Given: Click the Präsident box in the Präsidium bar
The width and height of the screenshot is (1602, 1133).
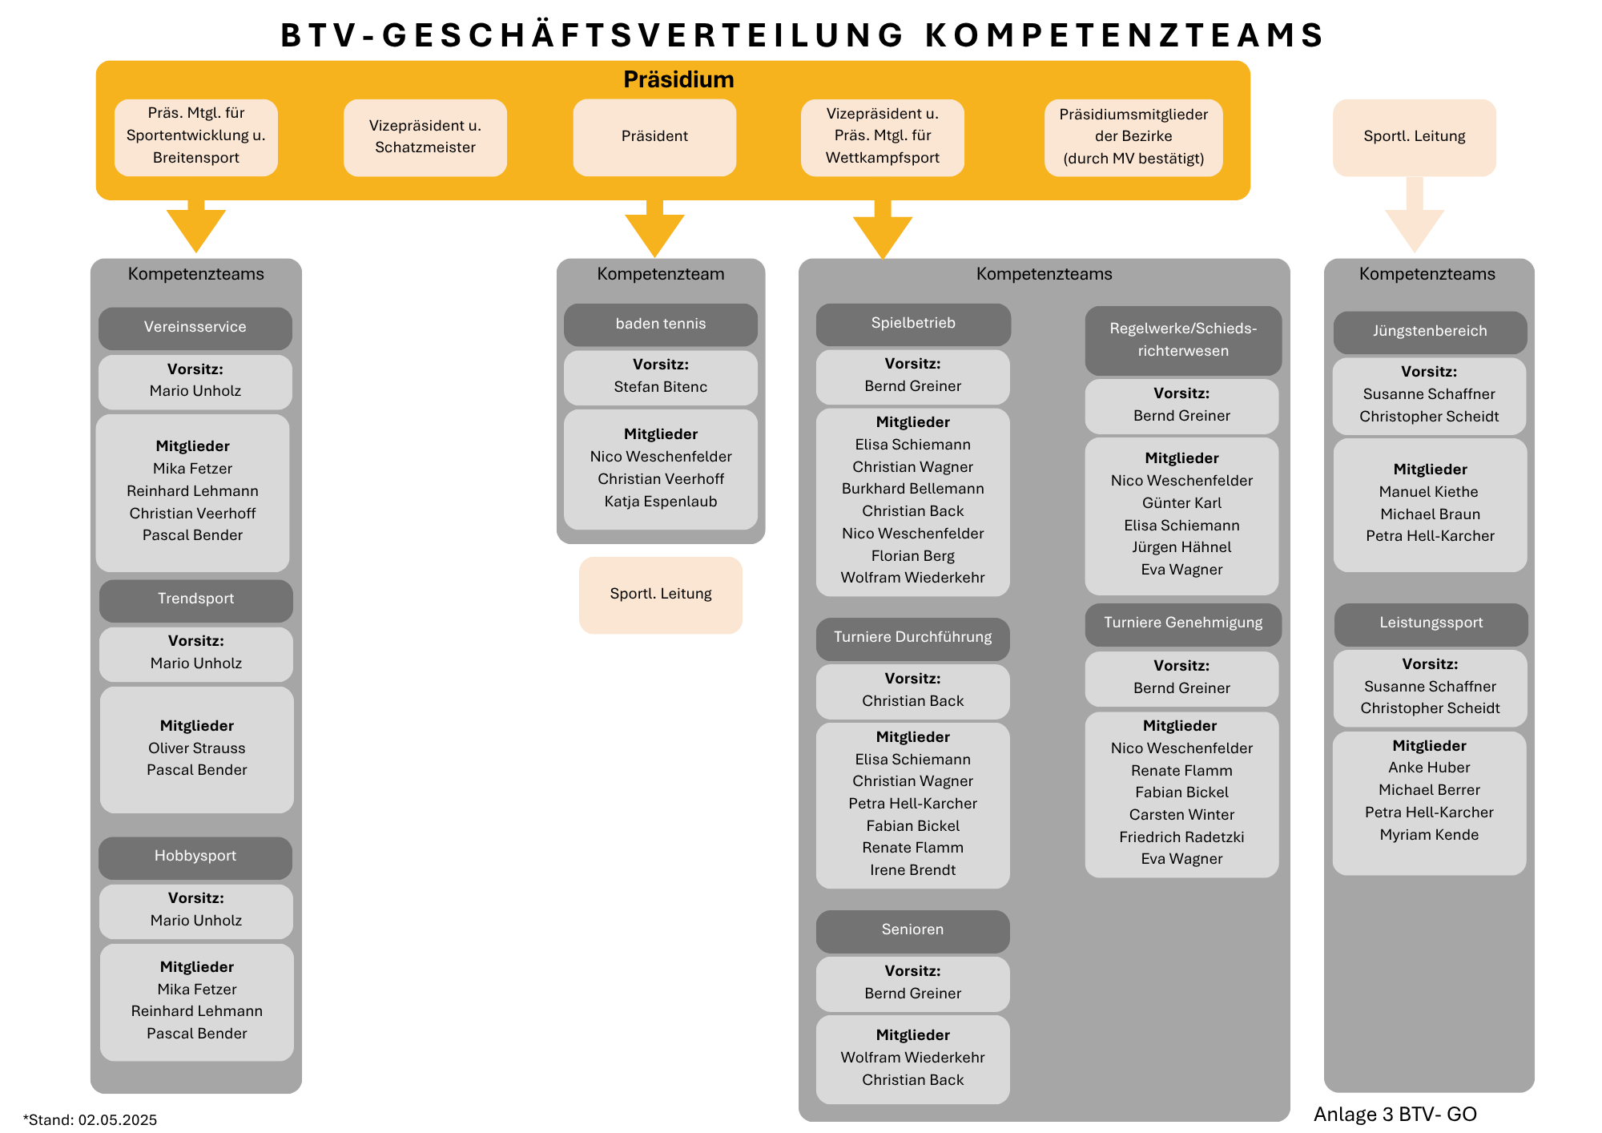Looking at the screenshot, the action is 654,137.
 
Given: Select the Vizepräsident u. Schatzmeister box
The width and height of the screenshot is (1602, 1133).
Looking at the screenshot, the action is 425,137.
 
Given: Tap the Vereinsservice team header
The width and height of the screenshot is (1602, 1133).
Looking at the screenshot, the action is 195,328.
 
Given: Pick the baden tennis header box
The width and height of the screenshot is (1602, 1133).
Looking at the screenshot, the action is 661,325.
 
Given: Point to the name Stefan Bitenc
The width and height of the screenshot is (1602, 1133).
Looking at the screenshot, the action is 661,387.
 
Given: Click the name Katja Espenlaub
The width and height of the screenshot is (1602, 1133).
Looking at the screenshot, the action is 661,502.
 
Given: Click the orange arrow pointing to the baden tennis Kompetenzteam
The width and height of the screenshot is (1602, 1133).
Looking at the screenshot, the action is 654,229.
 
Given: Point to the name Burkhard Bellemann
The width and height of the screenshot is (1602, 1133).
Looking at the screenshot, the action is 913,489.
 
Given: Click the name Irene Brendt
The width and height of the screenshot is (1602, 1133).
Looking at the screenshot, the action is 913,870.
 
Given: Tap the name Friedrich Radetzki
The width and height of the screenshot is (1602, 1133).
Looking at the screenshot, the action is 1182,837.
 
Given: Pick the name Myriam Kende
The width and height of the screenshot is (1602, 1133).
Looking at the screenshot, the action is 1430,835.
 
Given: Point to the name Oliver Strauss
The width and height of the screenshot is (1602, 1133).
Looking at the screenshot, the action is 197,748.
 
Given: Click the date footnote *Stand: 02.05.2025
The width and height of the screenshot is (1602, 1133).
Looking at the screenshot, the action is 90,1120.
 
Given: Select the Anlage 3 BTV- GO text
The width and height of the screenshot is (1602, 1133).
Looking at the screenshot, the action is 1395,1115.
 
